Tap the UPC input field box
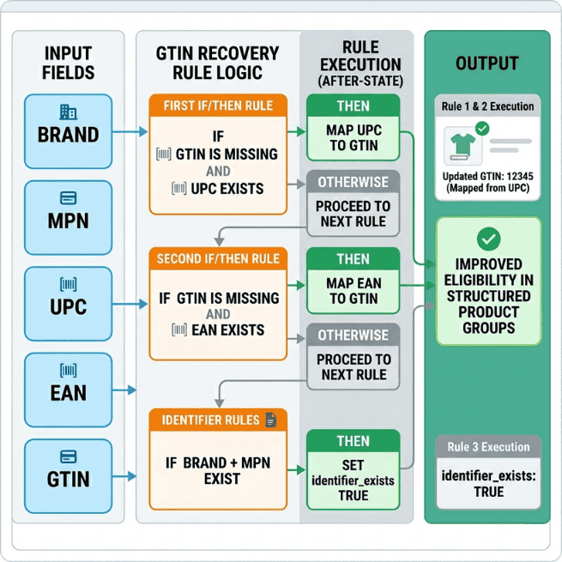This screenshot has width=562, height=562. [68, 299]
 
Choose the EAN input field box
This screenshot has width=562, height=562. [68, 384]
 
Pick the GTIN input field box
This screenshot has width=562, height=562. [68, 470]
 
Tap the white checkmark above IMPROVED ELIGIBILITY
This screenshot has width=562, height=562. [488, 239]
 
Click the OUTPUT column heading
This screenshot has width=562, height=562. [486, 63]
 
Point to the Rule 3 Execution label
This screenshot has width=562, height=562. [488, 447]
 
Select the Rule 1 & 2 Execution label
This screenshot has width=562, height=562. [488, 106]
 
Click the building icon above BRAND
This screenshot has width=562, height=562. [68, 112]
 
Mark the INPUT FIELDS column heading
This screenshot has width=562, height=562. [68, 63]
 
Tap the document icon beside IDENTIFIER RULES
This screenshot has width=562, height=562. [271, 420]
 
